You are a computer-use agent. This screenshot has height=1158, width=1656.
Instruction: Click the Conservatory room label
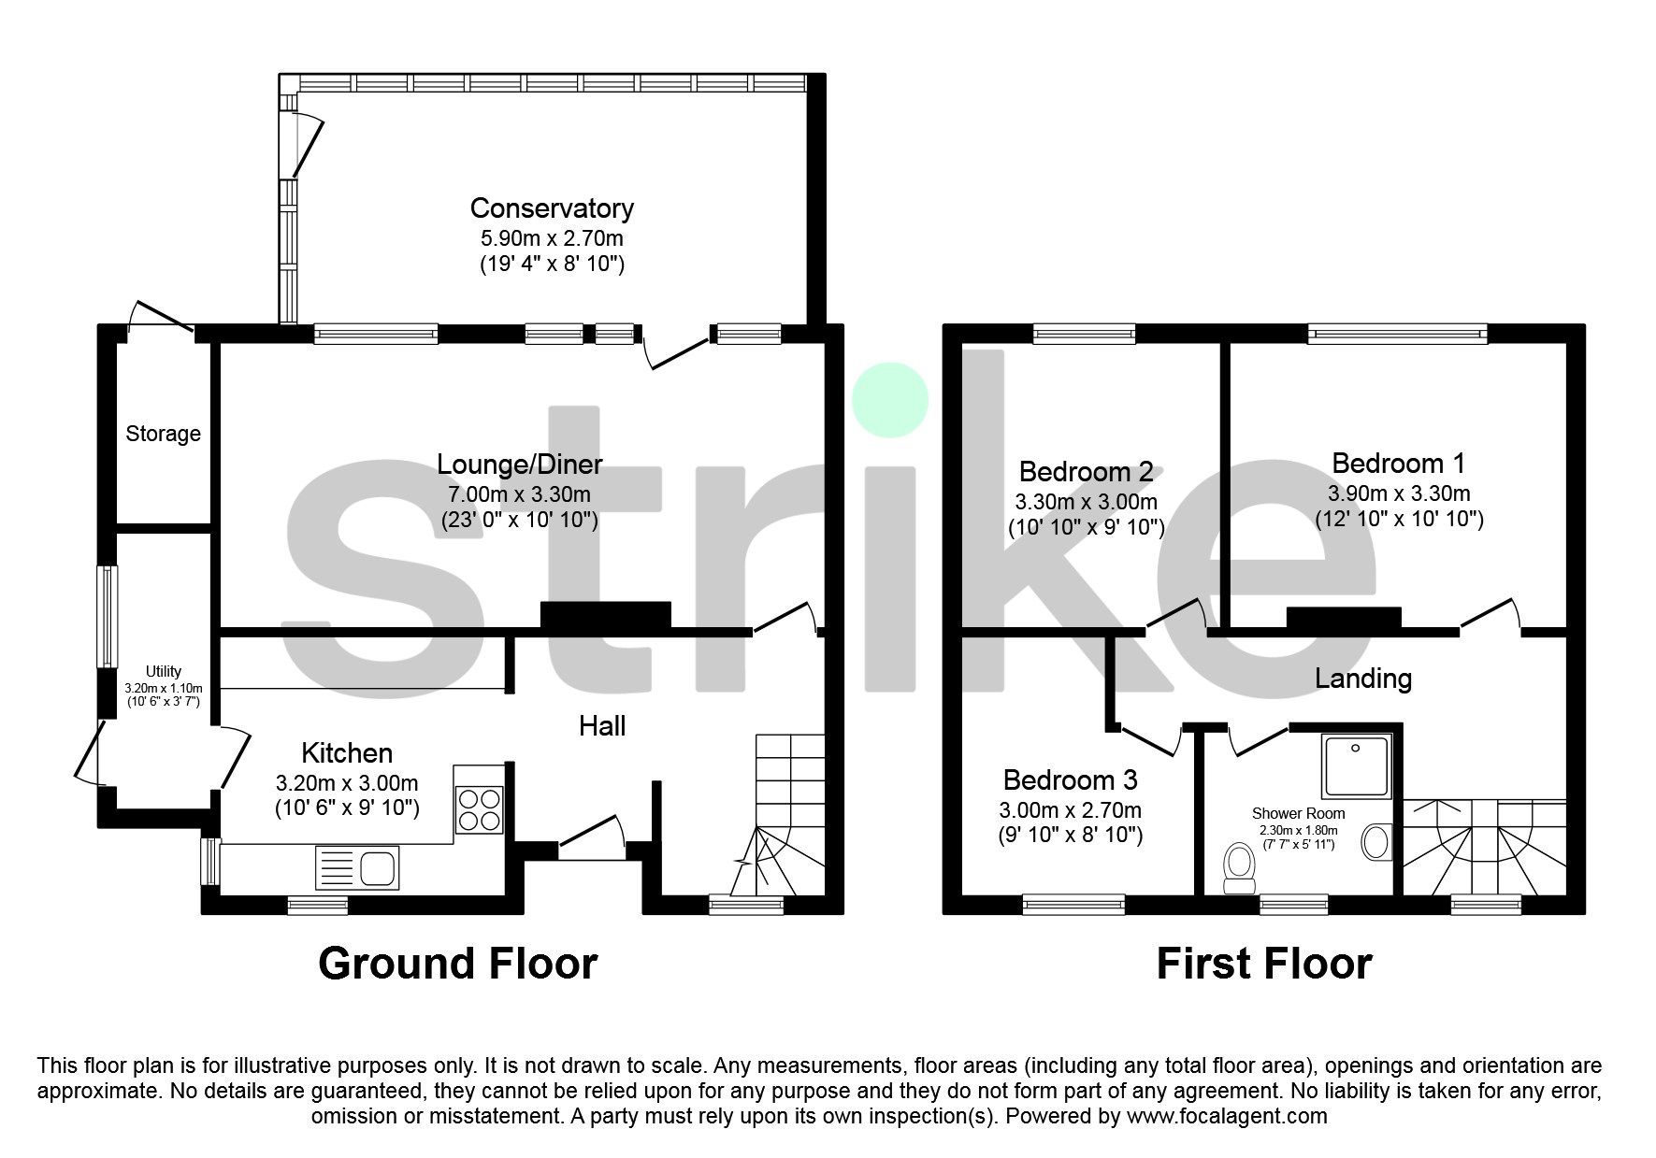552,208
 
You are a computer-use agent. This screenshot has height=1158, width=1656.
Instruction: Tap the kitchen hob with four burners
479,809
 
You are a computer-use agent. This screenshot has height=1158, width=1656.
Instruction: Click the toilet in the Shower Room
1240,866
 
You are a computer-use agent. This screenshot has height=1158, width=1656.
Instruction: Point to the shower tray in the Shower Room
1356,765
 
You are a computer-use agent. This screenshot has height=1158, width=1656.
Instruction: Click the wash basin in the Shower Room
1375,841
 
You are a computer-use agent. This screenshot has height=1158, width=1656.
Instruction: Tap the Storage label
164,434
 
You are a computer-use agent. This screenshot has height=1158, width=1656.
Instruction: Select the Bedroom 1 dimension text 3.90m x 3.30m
1399,493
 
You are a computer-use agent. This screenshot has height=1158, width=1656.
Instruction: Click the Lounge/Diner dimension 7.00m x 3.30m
520,493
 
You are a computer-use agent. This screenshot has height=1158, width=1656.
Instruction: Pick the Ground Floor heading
457,964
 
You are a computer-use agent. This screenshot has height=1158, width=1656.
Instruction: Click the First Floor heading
1263,964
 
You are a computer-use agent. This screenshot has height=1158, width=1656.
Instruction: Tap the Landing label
1362,679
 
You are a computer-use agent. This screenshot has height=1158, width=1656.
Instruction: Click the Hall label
602,726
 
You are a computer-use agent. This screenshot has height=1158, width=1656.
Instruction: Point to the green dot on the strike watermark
889,400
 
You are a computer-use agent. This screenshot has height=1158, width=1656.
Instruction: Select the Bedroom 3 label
1070,780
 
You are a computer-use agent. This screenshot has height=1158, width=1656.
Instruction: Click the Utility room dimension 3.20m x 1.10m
164,687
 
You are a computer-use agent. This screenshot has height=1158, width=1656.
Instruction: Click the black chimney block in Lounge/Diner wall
606,614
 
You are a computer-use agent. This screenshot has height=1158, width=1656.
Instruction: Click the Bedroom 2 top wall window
1085,334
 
